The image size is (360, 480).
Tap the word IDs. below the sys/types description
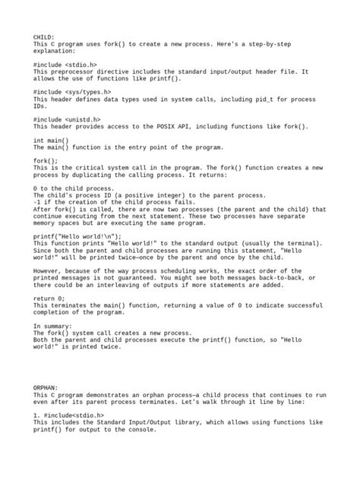pyautogui.click(x=40, y=106)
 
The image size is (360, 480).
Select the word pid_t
pyautogui.click(x=268, y=99)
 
